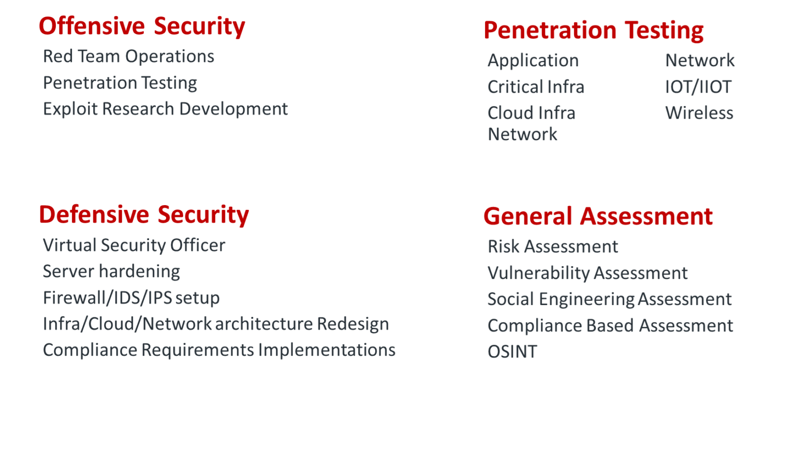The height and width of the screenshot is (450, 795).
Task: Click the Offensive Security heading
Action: click(142, 26)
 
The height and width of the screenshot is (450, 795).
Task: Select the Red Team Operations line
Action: click(128, 56)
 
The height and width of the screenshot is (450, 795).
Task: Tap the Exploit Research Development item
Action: click(165, 109)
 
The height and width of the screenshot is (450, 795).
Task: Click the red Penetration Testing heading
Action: click(593, 30)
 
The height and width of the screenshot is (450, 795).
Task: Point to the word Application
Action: click(533, 61)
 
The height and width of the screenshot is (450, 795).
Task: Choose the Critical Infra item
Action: click(536, 87)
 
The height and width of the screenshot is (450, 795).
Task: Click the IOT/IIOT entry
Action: click(698, 87)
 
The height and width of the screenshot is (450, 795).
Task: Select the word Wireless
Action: click(699, 113)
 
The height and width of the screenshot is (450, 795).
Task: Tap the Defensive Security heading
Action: click(144, 214)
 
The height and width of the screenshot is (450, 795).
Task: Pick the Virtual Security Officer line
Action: click(134, 245)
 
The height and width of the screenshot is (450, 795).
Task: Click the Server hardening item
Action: click(111, 271)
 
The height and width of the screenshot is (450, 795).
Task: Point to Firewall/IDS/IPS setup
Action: click(131, 298)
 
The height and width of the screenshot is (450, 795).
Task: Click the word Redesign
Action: click(352, 324)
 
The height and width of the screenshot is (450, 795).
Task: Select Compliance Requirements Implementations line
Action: click(219, 350)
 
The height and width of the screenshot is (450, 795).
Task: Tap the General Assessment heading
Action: click(598, 216)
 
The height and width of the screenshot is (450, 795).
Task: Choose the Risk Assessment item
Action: click(553, 246)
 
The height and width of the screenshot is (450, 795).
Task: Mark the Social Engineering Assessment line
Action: click(609, 299)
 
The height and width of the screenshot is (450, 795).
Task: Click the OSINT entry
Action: click(512, 352)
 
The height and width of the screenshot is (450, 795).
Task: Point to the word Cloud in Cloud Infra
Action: click(510, 113)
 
